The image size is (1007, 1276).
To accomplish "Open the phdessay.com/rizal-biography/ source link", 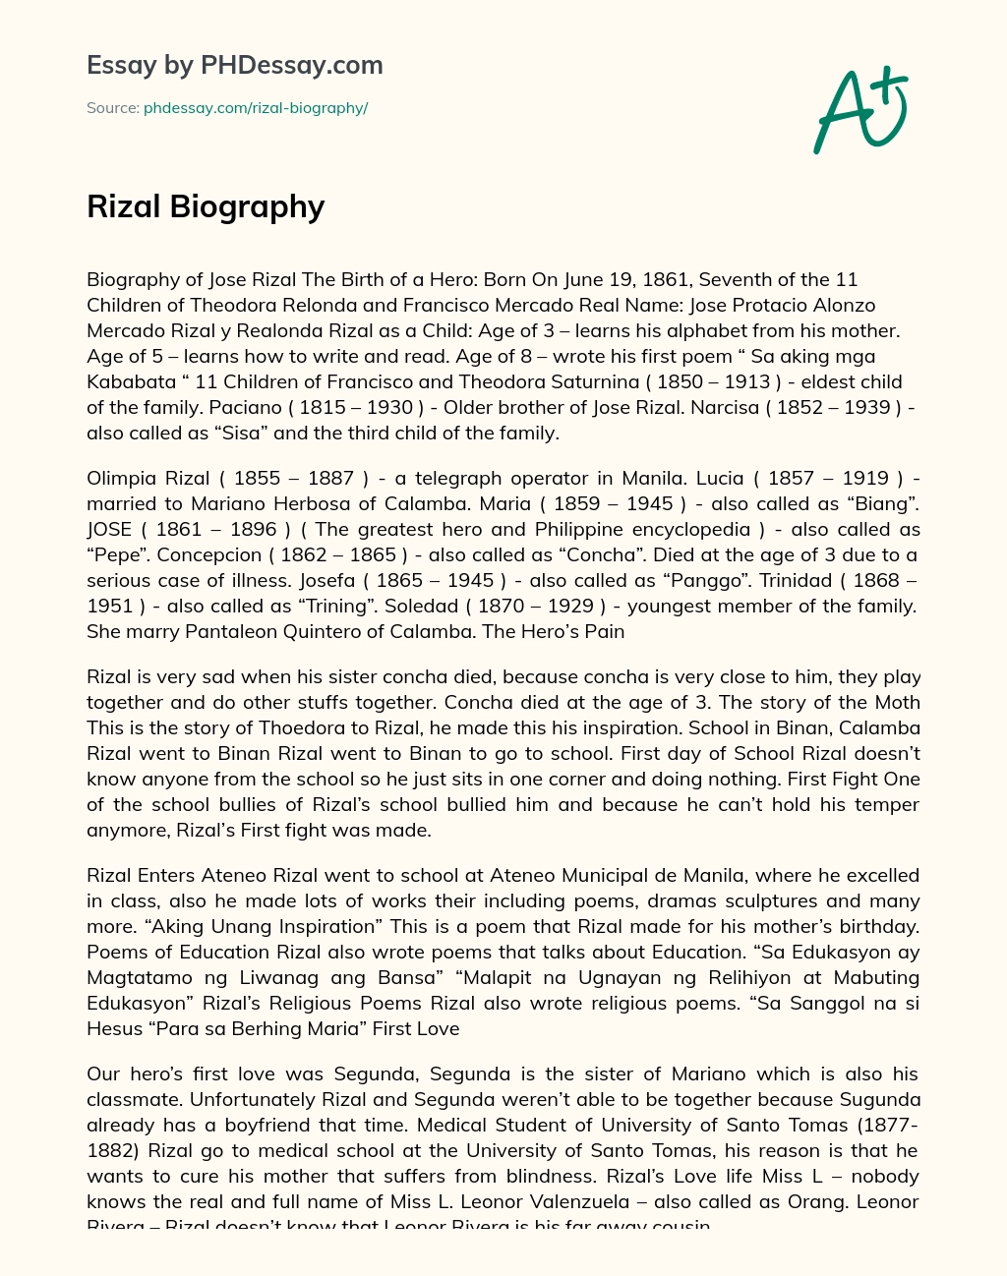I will (x=256, y=108).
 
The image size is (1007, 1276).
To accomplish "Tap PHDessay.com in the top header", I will (x=291, y=65).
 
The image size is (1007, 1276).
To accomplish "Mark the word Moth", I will (x=897, y=703).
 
